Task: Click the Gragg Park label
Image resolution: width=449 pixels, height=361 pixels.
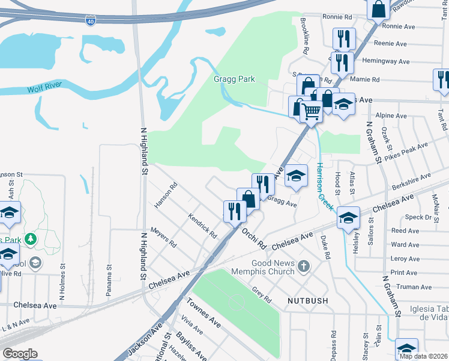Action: pos(234,79)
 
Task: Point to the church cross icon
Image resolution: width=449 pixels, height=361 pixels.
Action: pos(304,266)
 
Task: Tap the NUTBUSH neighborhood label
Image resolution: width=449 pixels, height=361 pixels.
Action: pos(292,300)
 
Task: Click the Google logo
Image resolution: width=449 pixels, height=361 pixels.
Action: pos(19,354)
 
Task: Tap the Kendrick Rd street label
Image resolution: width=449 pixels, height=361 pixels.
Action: pos(202,225)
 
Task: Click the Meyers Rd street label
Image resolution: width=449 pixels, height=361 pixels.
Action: pos(163,237)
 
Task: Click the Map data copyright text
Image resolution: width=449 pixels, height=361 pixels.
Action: pos(423,356)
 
